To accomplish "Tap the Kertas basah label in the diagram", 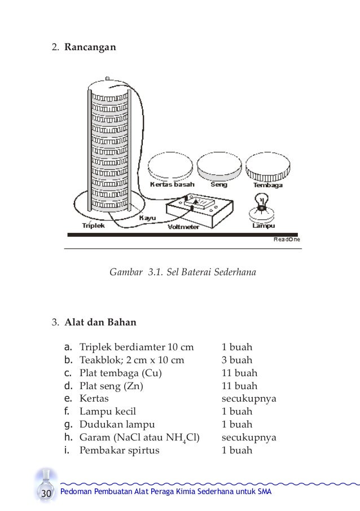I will click(x=172, y=184).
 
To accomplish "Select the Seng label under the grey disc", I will click(x=219, y=184).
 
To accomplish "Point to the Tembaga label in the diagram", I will click(x=268, y=185).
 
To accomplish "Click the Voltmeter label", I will click(x=183, y=227).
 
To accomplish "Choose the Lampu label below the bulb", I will click(x=263, y=226).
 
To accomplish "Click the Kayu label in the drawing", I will click(x=147, y=217).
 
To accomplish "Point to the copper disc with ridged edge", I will click(x=268, y=166).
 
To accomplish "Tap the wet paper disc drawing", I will click(x=172, y=166).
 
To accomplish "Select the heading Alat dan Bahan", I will click(x=99, y=323).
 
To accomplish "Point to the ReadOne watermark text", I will click(x=287, y=240).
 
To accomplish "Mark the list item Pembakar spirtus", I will click(x=120, y=451).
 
